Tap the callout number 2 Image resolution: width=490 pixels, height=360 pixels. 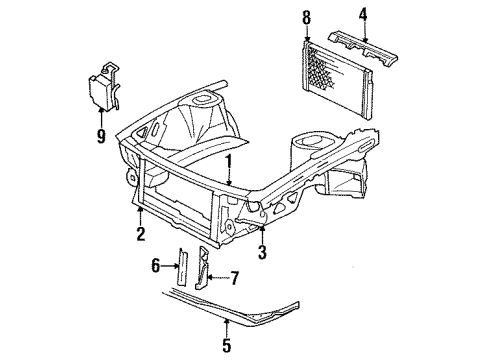(x=141, y=234)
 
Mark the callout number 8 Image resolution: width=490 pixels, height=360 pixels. (x=306, y=17)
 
